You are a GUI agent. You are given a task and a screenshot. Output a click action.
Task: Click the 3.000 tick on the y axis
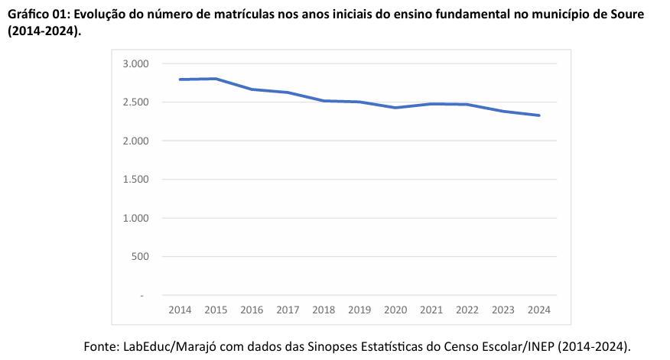135,63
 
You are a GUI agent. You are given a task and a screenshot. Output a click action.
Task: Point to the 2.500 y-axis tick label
135,102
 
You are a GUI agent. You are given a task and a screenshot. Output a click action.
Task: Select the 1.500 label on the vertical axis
135,179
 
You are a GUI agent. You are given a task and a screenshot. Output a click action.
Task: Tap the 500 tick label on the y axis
140,256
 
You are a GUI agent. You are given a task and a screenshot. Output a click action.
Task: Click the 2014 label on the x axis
180,310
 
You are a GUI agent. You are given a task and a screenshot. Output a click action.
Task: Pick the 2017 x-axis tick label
288,310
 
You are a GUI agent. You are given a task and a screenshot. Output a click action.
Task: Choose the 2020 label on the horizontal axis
395,310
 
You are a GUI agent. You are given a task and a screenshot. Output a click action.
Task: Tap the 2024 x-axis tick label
539,310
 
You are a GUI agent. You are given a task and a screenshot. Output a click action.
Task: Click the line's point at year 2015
216,79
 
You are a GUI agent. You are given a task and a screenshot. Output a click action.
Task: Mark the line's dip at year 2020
395,108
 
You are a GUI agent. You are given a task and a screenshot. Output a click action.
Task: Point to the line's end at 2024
539,115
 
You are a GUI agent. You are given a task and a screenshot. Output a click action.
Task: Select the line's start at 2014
180,79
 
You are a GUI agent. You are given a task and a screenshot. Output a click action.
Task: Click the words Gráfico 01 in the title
37,15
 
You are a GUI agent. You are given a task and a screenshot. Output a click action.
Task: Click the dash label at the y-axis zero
141,295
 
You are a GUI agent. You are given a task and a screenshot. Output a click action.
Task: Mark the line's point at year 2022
467,105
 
